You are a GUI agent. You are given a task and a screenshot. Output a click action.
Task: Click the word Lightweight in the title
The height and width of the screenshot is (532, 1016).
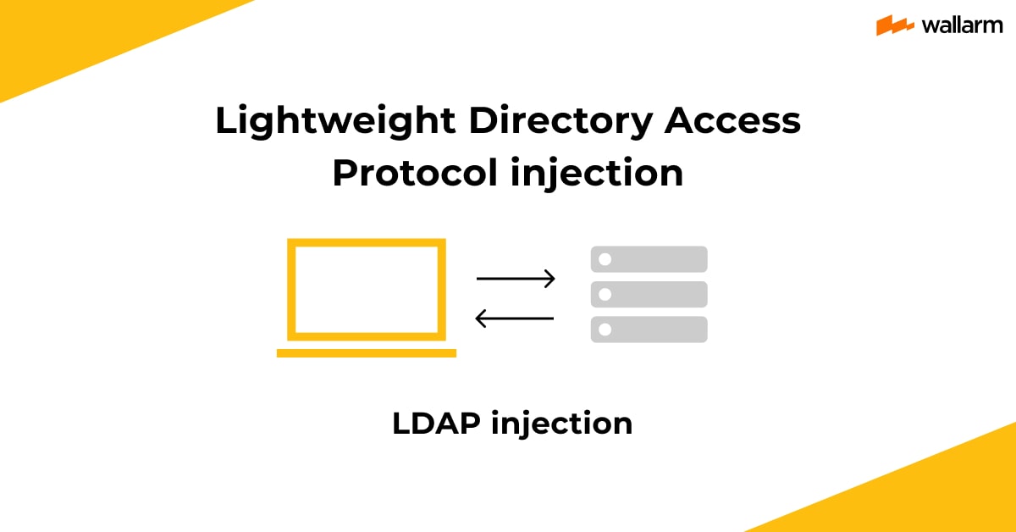[x=335, y=122]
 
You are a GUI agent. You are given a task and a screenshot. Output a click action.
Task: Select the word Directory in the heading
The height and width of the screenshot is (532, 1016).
[x=560, y=122]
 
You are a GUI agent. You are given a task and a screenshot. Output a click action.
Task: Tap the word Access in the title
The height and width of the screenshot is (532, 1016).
[x=732, y=120]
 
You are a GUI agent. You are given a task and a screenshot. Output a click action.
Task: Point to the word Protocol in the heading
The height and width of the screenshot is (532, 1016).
[x=415, y=173]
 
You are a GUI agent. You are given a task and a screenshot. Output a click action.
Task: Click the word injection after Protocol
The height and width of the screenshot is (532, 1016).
[x=597, y=174]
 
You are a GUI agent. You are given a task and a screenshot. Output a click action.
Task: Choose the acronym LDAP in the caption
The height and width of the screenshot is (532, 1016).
[x=436, y=424]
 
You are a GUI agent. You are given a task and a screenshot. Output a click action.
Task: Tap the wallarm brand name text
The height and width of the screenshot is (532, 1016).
[x=962, y=25]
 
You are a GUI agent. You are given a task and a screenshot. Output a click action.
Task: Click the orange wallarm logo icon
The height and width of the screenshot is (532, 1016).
[x=894, y=25]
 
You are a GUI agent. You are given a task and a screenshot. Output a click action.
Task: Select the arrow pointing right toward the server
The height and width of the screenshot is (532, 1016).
[x=516, y=278]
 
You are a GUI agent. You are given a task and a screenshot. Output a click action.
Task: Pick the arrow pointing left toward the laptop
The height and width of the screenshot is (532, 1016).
[x=515, y=319]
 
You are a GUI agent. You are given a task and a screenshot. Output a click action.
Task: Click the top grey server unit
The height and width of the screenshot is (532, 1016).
[x=649, y=259]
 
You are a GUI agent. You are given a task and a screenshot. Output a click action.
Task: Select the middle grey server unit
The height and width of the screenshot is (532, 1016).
[x=649, y=294]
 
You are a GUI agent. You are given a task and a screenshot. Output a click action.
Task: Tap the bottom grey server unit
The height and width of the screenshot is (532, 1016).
[x=649, y=329]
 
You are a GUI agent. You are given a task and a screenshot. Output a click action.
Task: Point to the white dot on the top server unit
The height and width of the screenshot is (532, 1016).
[x=605, y=259]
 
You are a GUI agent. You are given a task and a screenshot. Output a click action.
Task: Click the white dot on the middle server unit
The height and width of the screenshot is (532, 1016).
[x=605, y=294]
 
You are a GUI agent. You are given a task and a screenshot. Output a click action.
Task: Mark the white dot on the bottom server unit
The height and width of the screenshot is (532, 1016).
[x=605, y=329]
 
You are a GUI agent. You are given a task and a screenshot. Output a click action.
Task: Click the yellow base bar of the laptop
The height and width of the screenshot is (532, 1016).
[x=367, y=353]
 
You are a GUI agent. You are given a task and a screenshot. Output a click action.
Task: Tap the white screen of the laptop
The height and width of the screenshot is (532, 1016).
[x=367, y=290]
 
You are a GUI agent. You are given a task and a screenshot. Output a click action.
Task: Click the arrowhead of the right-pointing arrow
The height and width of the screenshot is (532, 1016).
[x=550, y=278]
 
